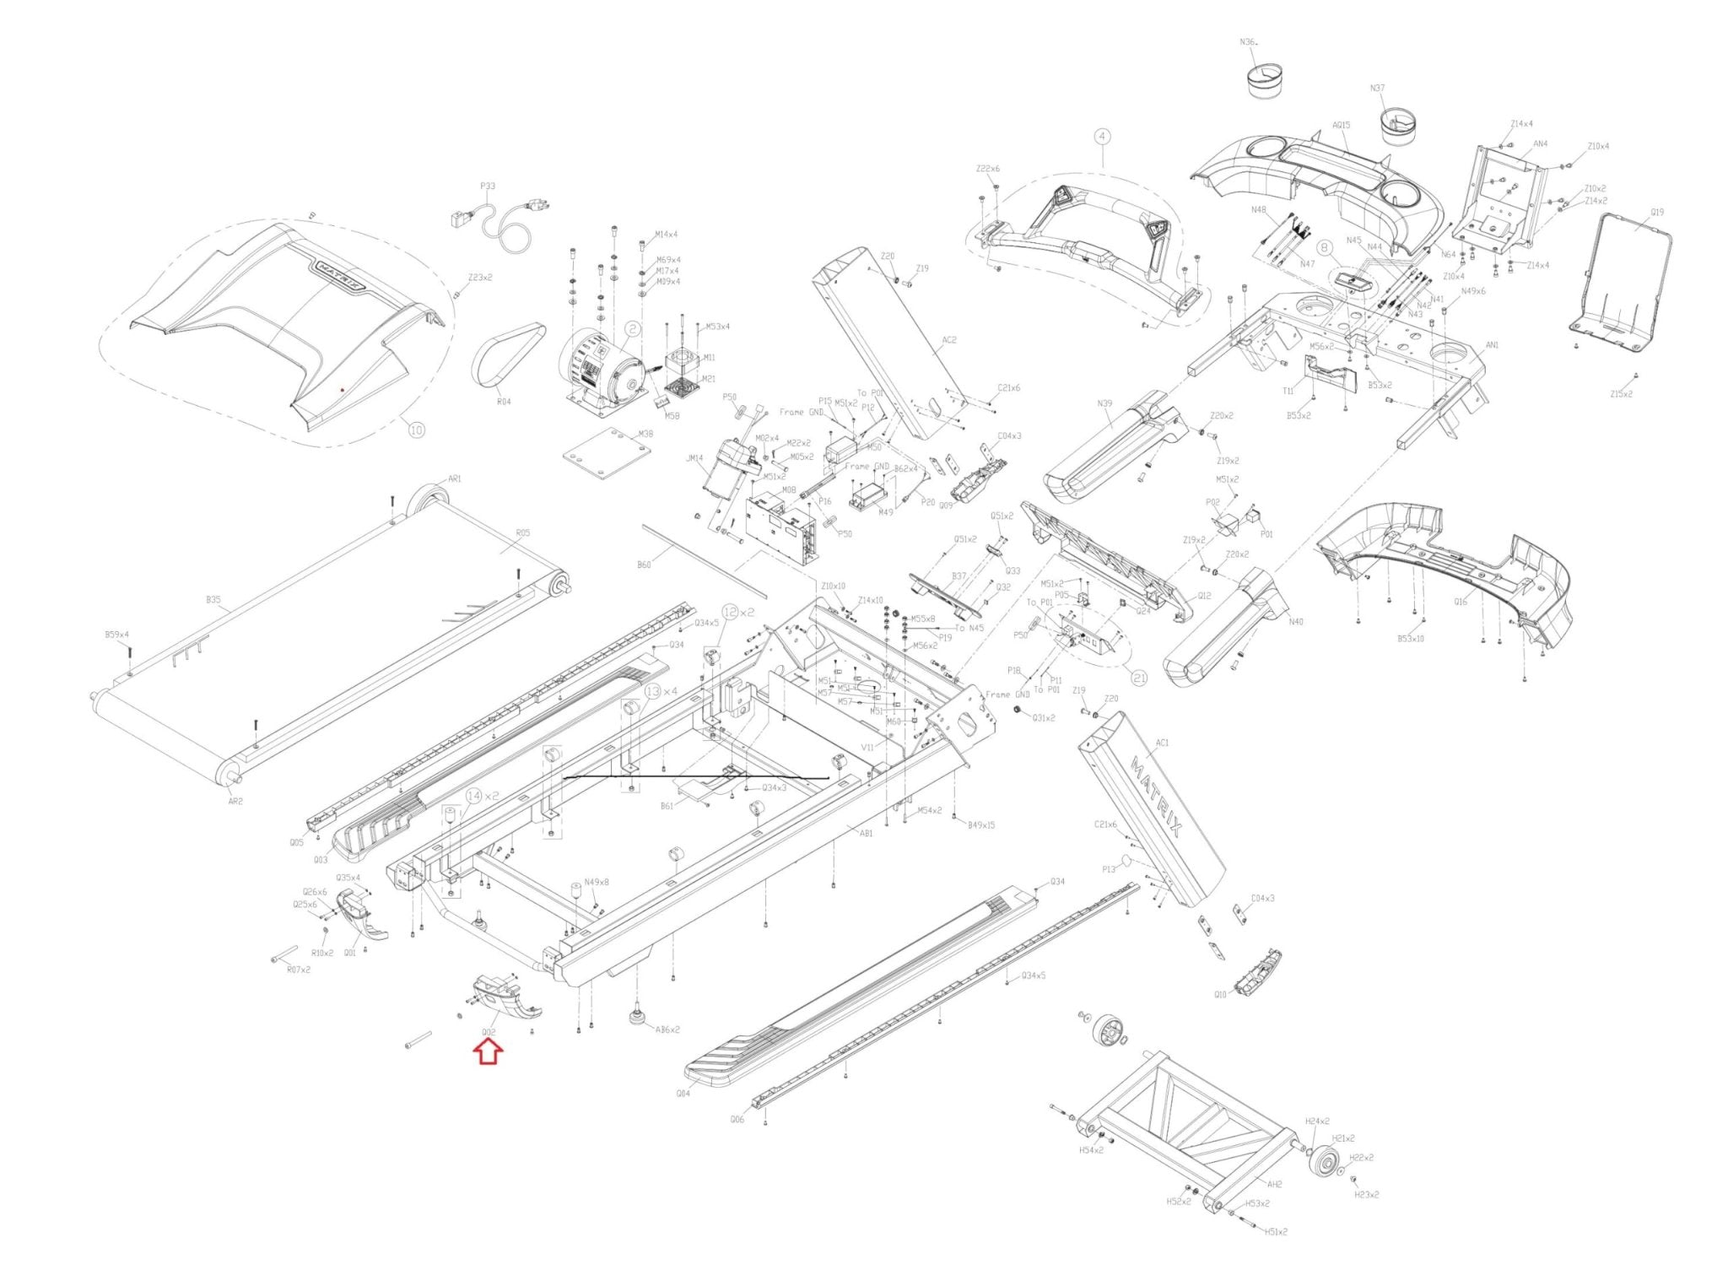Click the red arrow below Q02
coord(489,1052)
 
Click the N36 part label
coord(1249,41)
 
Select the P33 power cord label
coord(488,186)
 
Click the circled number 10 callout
coord(416,430)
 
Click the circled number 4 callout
coord(1102,136)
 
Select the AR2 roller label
coord(235,801)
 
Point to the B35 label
coord(213,600)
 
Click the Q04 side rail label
coord(683,1093)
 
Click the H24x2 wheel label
coord(1317,1121)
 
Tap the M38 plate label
coord(645,434)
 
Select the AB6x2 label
coord(668,1030)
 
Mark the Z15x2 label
coord(1621,393)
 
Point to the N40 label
coord(1296,622)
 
